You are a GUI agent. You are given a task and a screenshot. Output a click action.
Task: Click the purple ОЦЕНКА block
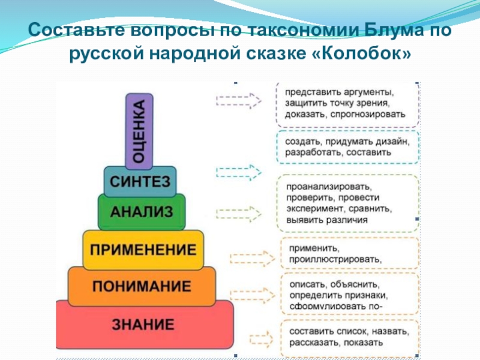tap(139, 131)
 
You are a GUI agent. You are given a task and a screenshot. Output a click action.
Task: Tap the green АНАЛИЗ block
tap(141, 211)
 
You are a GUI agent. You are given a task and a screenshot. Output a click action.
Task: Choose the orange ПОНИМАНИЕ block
tap(142, 286)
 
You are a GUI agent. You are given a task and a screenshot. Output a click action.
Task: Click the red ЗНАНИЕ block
tap(143, 326)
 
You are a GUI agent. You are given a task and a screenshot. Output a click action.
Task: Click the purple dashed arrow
tap(238, 99)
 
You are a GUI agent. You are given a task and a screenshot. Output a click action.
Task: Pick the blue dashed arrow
tap(238, 172)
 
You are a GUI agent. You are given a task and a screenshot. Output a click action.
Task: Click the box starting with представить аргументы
tap(347, 103)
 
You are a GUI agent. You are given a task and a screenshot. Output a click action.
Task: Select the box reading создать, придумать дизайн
tap(347, 147)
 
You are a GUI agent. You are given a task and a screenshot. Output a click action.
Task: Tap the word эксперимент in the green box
tap(313, 209)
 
